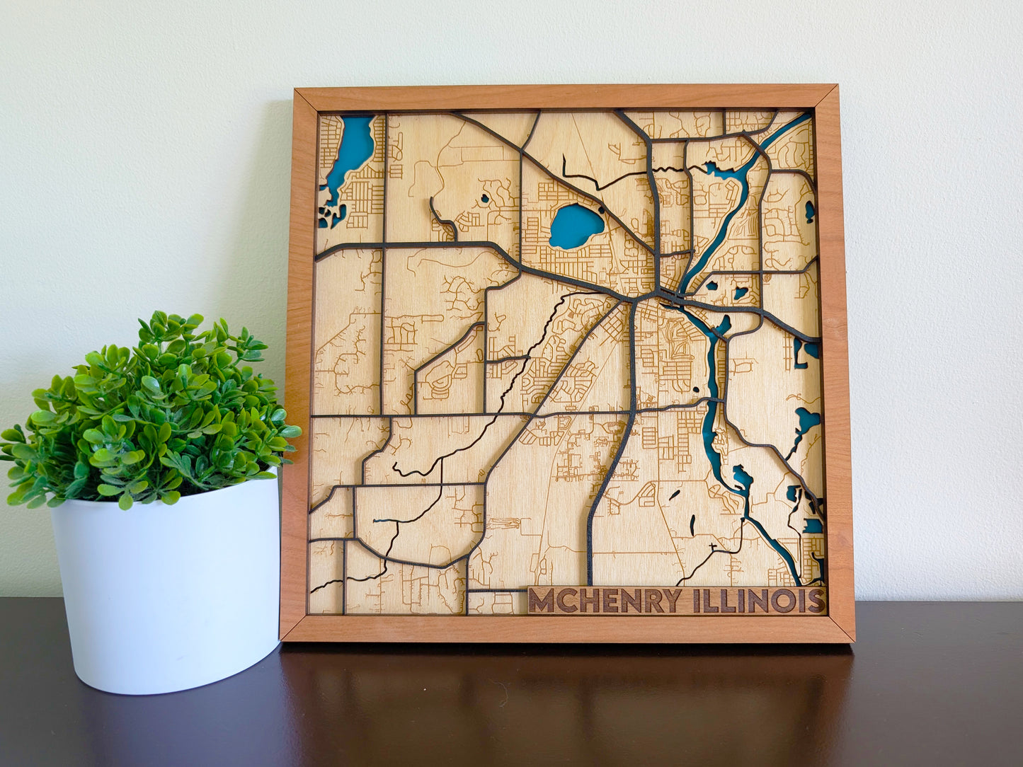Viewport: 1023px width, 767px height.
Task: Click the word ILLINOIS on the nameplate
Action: [758, 601]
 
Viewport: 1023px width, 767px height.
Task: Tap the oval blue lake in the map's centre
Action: [576, 226]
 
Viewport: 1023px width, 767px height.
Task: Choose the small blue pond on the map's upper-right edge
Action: [809, 211]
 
